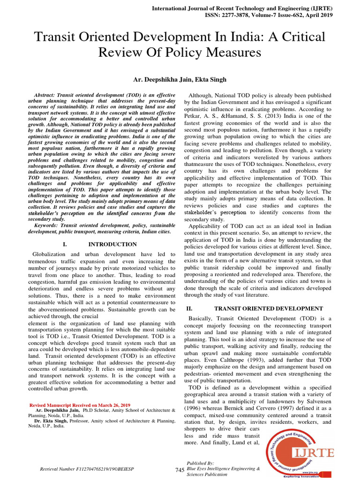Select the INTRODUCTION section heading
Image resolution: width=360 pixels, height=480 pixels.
[112, 244]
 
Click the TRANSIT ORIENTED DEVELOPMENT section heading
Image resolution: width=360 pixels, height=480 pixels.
[268, 308]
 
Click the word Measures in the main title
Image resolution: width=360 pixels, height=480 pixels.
[233, 52]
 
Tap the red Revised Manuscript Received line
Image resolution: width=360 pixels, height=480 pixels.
[80, 405]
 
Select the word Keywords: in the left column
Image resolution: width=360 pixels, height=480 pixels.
[42, 225]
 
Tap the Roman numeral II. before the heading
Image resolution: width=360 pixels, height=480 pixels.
[189, 308]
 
